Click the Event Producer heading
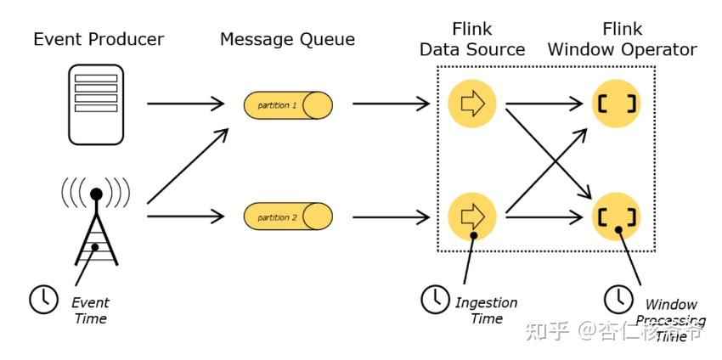pyautogui.click(x=99, y=39)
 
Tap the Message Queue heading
pyautogui.click(x=287, y=39)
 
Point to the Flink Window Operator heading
pyautogui.click(x=622, y=40)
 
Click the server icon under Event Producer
pyautogui.click(x=96, y=105)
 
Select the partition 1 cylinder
pyautogui.click(x=288, y=106)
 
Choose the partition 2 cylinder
pyautogui.click(x=288, y=217)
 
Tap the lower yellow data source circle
pyautogui.click(x=472, y=217)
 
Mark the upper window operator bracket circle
pyautogui.click(x=617, y=105)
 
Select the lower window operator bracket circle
pyautogui.click(x=617, y=217)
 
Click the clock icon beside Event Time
pyautogui.click(x=42, y=298)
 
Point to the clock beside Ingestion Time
pyautogui.click(x=435, y=298)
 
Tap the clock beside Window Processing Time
pyautogui.click(x=618, y=298)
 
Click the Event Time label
pyautogui.click(x=90, y=311)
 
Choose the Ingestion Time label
pyautogui.click(x=486, y=311)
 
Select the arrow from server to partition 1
pyautogui.click(x=185, y=104)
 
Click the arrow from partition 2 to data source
pyautogui.click(x=391, y=217)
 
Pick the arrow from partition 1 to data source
pyautogui.click(x=391, y=105)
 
